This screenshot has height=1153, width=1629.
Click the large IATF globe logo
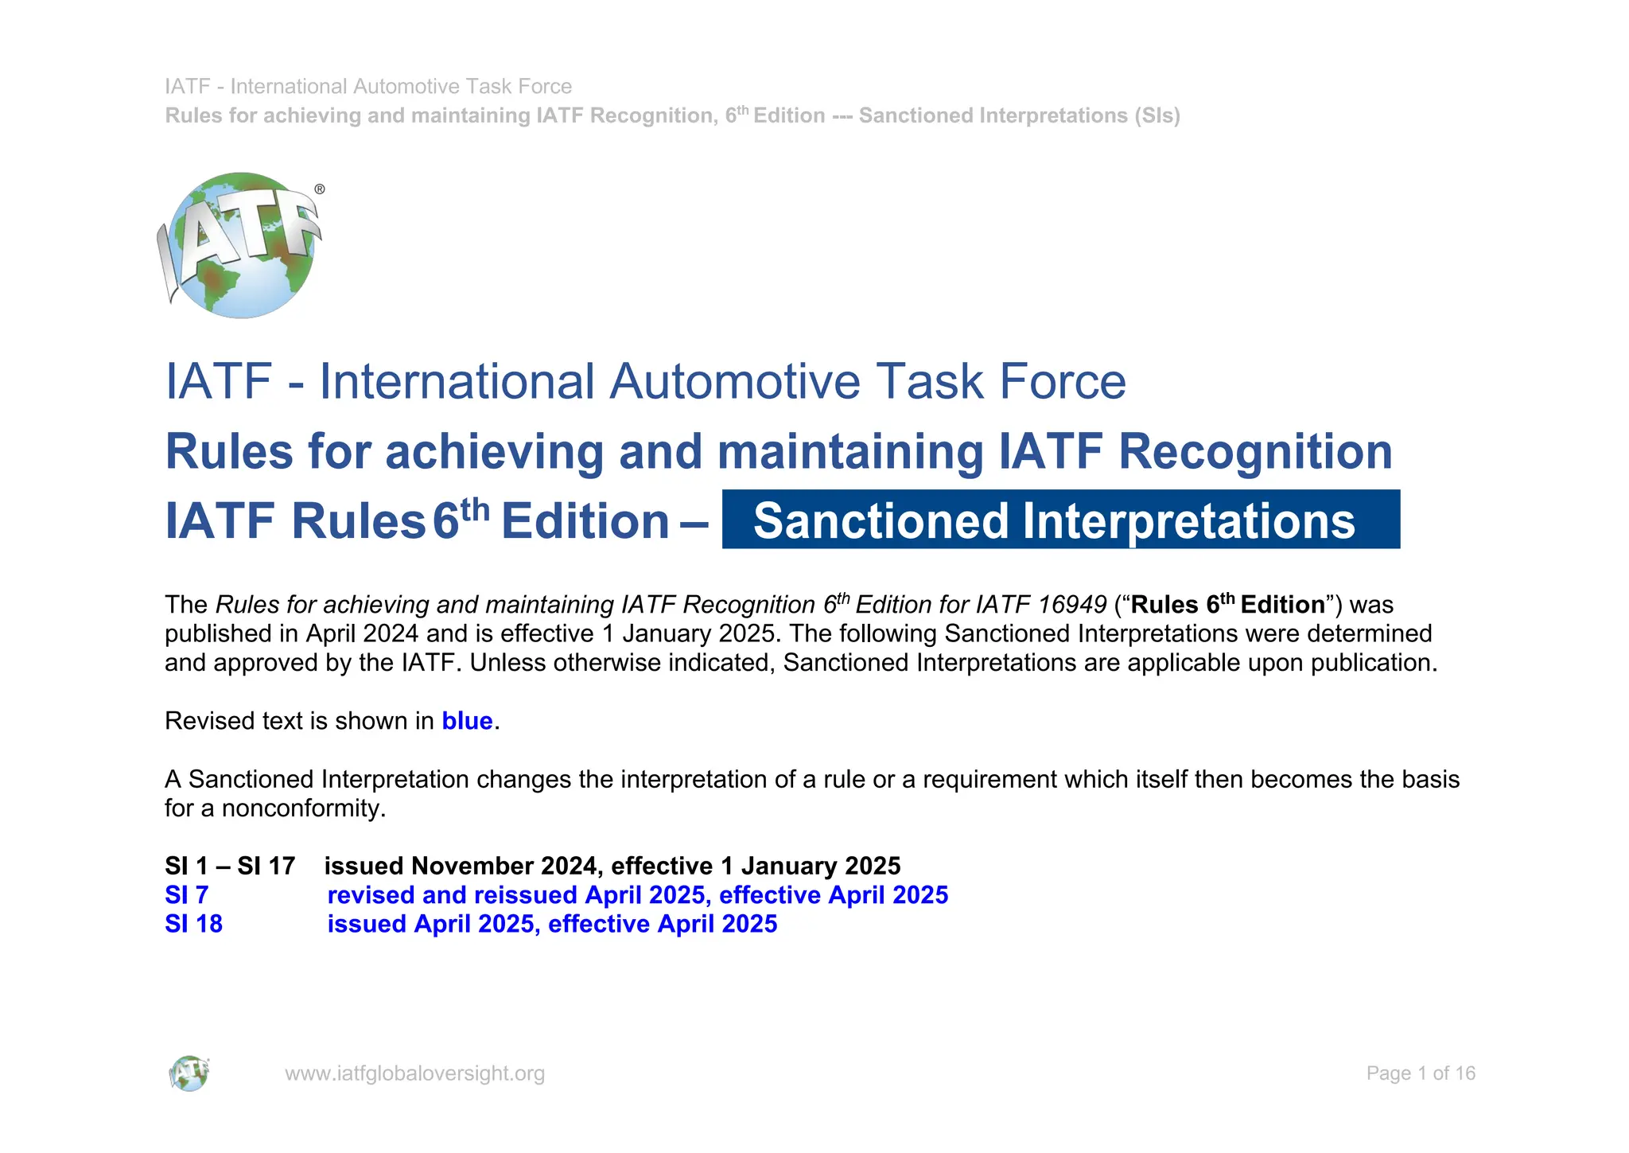[x=241, y=245]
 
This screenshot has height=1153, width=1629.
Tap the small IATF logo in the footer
[x=189, y=1073]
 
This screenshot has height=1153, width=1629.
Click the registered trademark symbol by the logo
[x=320, y=189]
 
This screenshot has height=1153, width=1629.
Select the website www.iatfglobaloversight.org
[x=414, y=1073]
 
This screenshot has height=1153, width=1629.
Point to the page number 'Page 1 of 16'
[x=1421, y=1073]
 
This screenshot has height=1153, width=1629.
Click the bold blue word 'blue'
[x=467, y=721]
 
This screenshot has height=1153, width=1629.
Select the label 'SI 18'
[x=193, y=924]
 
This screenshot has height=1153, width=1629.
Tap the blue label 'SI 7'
[x=186, y=895]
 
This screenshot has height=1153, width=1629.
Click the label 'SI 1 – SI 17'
[x=230, y=866]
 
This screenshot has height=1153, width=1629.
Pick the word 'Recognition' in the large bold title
[x=1255, y=452]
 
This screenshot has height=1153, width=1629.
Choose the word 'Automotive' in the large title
[x=734, y=381]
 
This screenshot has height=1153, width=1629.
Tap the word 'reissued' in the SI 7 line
[x=526, y=895]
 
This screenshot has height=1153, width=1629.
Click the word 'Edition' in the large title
[x=585, y=521]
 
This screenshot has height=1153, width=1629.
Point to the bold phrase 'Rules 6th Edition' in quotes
[x=1227, y=605]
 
